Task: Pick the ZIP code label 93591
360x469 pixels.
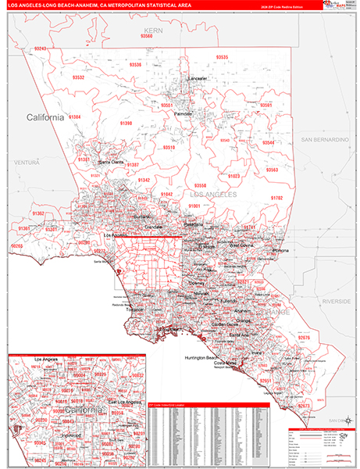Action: coord(266,105)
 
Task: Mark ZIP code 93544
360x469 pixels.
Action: coord(268,143)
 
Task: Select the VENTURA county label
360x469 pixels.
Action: coord(26,162)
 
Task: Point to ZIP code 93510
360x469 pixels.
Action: coord(169,147)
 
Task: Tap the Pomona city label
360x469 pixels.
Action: coord(280,250)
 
